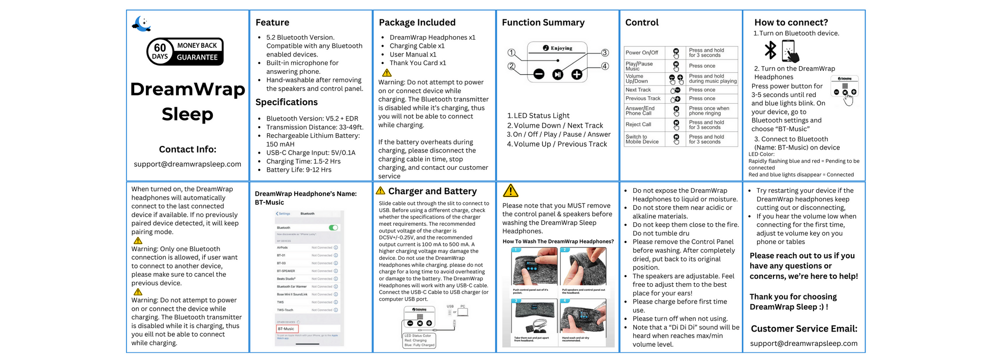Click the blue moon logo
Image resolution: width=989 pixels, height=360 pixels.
141,23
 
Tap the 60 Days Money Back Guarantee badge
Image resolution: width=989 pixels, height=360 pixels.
185,51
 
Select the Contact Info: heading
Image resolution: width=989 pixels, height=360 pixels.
188,149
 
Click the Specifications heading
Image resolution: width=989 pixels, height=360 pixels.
286,102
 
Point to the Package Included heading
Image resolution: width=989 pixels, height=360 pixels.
417,22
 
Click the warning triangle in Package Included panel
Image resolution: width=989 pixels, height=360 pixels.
387,73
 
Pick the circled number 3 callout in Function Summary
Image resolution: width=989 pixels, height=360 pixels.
605,53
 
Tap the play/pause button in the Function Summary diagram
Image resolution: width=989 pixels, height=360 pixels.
558,75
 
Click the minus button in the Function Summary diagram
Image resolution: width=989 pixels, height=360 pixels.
539,75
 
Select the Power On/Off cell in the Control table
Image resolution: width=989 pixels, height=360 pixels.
642,52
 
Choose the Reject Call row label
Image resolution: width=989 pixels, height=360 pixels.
638,125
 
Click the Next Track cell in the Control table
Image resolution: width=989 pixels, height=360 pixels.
638,90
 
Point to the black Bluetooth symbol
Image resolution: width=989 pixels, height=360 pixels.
770,50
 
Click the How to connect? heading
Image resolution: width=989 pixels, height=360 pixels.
791,22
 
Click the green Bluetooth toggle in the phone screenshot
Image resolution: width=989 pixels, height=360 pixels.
333,227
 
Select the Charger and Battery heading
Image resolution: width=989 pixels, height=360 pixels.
432,191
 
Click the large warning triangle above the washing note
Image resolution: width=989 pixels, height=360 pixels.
510,191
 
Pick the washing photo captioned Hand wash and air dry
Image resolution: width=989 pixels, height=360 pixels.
583,319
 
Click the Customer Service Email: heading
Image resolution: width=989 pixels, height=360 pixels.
804,328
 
